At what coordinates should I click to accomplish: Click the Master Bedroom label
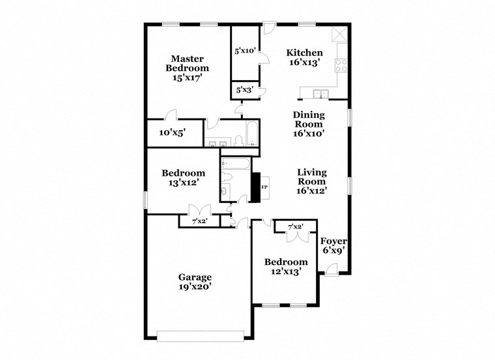[187, 68]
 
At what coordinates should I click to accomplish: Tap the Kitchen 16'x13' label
[305, 58]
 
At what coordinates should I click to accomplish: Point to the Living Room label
[311, 182]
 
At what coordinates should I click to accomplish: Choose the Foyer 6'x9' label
[333, 245]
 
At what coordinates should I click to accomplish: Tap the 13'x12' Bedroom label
[183, 178]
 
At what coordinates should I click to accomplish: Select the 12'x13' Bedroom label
[285, 267]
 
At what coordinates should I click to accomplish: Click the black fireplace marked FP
[256, 187]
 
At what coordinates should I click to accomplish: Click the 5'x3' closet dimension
[244, 90]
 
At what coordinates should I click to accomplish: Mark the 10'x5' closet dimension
[173, 132]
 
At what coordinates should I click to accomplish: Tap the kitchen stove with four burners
[340, 64]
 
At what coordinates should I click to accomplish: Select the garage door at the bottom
[199, 335]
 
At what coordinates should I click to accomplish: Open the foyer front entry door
[332, 269]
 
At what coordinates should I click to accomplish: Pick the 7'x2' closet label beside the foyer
[296, 227]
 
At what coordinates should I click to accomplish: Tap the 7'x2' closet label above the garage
[199, 222]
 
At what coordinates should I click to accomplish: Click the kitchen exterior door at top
[269, 30]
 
